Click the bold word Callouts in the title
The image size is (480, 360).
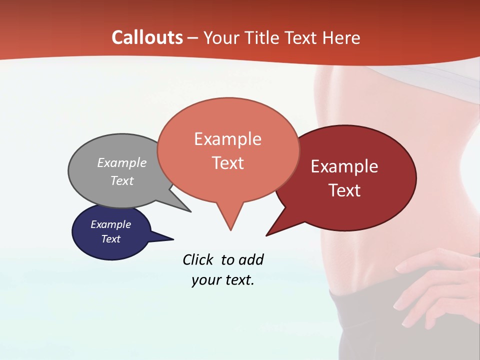(x=147, y=37)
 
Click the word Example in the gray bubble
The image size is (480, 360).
(x=122, y=162)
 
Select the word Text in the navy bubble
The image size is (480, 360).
(x=111, y=239)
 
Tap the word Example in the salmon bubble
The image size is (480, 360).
(x=227, y=139)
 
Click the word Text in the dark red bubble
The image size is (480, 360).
(x=344, y=190)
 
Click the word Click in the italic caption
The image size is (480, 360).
(x=198, y=259)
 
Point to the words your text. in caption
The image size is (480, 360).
(x=223, y=280)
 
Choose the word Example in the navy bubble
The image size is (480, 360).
(x=111, y=224)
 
